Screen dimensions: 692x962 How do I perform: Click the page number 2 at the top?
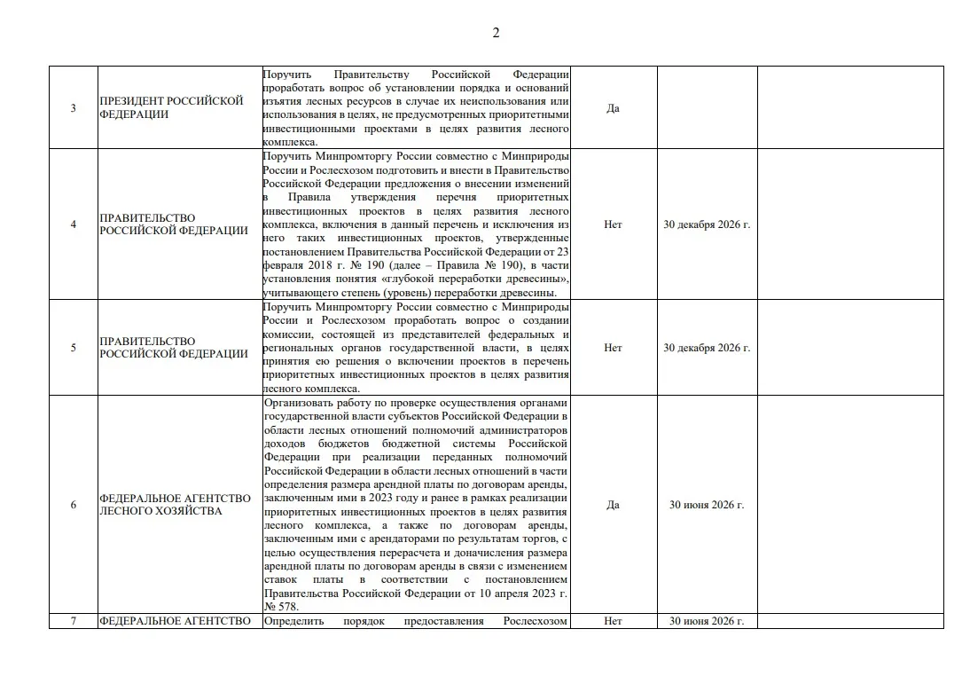[496, 33]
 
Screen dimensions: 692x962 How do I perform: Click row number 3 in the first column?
[74, 108]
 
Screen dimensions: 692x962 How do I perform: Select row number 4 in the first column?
[74, 224]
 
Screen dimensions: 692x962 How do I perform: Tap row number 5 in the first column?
[74, 348]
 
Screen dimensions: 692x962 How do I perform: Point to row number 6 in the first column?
[74, 505]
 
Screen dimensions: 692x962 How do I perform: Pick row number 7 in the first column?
[74, 621]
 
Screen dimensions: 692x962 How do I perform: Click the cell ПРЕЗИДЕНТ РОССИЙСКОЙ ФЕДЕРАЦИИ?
[171, 107]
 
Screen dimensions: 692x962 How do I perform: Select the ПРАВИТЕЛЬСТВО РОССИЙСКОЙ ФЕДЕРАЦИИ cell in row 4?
[174, 224]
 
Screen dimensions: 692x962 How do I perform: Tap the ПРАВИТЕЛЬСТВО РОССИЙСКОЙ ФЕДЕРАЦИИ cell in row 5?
[174, 348]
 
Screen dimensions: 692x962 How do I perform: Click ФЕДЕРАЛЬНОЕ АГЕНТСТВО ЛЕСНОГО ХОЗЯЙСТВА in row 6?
[175, 505]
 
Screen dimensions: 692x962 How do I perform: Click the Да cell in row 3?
[613, 108]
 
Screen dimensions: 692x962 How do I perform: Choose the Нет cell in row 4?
[613, 224]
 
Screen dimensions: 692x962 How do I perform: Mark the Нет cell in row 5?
[613, 348]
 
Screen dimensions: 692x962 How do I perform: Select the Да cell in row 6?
[613, 505]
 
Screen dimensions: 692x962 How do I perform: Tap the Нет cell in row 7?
[613, 621]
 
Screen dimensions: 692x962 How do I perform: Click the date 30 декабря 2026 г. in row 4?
[707, 224]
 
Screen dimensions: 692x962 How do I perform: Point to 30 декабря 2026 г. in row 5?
[707, 348]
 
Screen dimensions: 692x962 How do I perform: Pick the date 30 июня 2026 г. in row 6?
[707, 505]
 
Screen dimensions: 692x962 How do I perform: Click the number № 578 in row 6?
[280, 607]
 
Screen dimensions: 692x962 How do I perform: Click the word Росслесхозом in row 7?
[536, 621]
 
